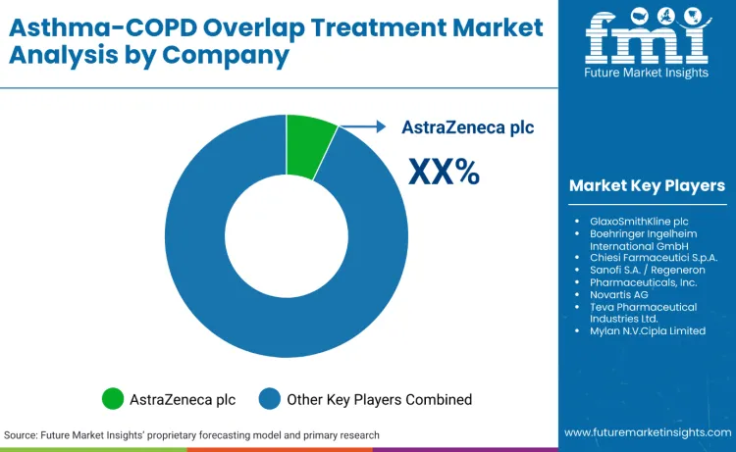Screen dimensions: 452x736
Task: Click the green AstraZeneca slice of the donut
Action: (310, 146)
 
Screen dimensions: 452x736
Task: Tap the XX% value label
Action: (444, 172)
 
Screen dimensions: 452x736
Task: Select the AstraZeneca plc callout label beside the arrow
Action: (467, 126)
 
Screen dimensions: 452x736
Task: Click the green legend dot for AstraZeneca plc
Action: (113, 399)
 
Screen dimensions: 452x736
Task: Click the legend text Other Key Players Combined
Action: (379, 399)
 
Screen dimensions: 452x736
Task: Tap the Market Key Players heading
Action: (647, 185)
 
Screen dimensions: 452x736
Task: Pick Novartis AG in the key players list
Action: (620, 294)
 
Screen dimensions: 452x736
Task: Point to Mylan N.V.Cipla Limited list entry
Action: (649, 330)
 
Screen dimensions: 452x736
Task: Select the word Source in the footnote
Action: (22, 434)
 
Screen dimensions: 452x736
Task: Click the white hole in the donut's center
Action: (286, 234)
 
